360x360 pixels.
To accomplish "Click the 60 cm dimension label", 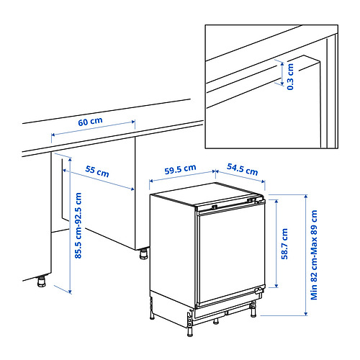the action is (90, 122).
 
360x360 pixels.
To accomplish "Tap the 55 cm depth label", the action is (97, 171).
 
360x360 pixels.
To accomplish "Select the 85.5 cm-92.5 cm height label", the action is (78, 225).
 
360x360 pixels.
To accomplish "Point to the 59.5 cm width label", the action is (180, 169).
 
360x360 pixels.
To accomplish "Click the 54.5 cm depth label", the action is (243, 169).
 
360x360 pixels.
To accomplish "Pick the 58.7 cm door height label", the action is (284, 244).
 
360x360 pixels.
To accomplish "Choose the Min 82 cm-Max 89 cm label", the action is (314, 255).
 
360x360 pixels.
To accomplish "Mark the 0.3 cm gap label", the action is (290, 77).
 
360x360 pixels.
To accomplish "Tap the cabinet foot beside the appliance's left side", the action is (144, 254).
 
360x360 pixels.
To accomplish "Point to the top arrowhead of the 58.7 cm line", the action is (276, 202).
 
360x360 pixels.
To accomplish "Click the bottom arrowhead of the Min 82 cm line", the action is (305, 313).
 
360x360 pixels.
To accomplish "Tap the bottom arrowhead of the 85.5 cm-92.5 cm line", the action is (70, 292).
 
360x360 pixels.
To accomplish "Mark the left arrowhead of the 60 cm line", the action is (53, 135).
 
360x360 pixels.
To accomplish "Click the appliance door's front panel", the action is (232, 256).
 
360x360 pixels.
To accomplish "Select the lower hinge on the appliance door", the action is (258, 291).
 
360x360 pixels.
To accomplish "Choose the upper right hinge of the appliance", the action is (258, 200).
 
